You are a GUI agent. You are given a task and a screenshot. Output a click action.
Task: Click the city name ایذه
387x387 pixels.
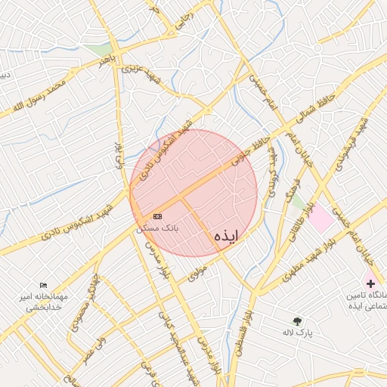(226, 236)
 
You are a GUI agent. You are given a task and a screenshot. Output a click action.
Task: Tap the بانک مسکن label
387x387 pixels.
(158, 227)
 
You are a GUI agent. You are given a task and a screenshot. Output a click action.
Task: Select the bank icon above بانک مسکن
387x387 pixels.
(157, 216)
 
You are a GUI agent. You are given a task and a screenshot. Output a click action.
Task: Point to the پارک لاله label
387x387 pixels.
(298, 332)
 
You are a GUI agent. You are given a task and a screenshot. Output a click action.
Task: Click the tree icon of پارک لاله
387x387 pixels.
(297, 321)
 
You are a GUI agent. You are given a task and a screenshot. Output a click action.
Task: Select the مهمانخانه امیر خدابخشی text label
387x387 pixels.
(44, 302)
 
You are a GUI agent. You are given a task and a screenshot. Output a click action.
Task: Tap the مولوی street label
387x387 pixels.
(198, 274)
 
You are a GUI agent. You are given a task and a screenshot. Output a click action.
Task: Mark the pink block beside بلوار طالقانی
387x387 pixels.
(320, 218)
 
